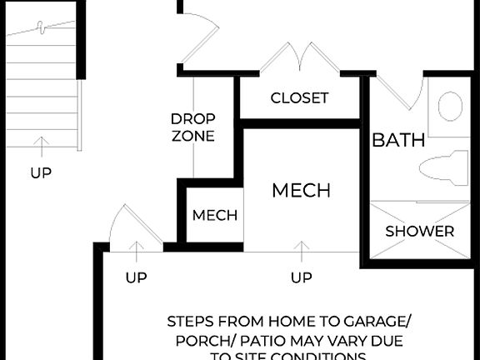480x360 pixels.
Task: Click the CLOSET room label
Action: tap(299, 97)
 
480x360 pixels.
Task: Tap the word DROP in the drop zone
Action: tap(193, 118)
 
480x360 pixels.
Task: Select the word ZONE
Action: tap(193, 136)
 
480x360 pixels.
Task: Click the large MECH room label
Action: tap(301, 190)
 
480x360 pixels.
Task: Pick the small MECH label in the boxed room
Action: tap(215, 215)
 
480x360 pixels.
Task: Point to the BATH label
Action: tap(398, 139)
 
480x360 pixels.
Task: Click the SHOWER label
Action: tap(419, 231)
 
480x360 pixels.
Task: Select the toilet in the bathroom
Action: tap(442, 167)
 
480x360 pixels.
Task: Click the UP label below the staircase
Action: tap(41, 173)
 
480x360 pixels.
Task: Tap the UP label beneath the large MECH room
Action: tap(302, 277)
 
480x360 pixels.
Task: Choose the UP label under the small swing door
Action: tap(137, 277)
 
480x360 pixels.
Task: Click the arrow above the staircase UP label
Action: tap(41, 147)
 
